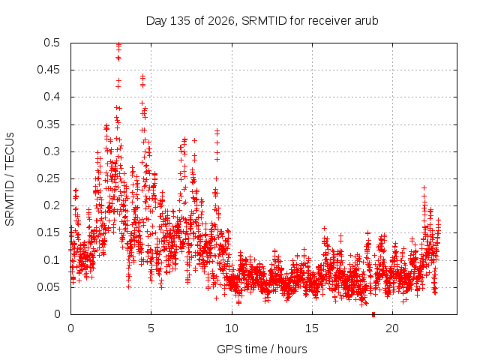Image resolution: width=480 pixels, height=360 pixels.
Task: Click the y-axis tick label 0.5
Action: pyautogui.click(x=52, y=43)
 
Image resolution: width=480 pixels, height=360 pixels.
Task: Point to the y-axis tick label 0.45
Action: pyautogui.click(x=49, y=70)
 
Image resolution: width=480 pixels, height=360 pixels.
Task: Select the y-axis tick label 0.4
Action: pyautogui.click(x=52, y=97)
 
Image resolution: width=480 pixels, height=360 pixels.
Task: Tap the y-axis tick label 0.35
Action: pyautogui.click(x=49, y=124)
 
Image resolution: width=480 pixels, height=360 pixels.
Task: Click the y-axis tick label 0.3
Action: pyautogui.click(x=52, y=151)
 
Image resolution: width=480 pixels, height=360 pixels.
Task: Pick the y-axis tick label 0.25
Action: pyautogui.click(x=49, y=178)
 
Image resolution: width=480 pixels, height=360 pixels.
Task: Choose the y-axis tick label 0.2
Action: pyautogui.click(x=52, y=205)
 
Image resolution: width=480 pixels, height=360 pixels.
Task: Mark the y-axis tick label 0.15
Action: pyautogui.click(x=49, y=232)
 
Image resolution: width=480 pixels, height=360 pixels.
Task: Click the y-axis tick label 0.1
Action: pyautogui.click(x=52, y=260)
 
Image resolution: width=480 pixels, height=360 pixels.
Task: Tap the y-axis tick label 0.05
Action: pyautogui.click(x=49, y=287)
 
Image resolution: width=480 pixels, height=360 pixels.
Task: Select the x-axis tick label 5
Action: pyautogui.click(x=151, y=328)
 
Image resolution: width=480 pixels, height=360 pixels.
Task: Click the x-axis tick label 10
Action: pyautogui.click(x=232, y=328)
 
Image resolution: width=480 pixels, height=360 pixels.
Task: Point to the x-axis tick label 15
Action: pyautogui.click(x=312, y=328)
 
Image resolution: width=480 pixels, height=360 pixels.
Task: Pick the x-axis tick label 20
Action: pyautogui.click(x=392, y=328)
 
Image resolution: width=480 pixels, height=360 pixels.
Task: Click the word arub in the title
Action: pyautogui.click(x=367, y=21)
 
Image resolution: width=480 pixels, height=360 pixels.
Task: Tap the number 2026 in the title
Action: pyautogui.click(x=221, y=21)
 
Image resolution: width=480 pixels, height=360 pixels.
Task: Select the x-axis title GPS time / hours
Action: pyautogui.click(x=262, y=349)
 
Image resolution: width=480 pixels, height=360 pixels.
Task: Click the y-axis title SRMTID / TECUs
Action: pyautogui.click(x=10, y=179)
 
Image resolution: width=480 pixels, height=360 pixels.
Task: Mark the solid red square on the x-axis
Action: pyautogui.click(x=373, y=314)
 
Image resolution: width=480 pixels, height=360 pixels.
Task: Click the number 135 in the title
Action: pyautogui.click(x=180, y=21)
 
